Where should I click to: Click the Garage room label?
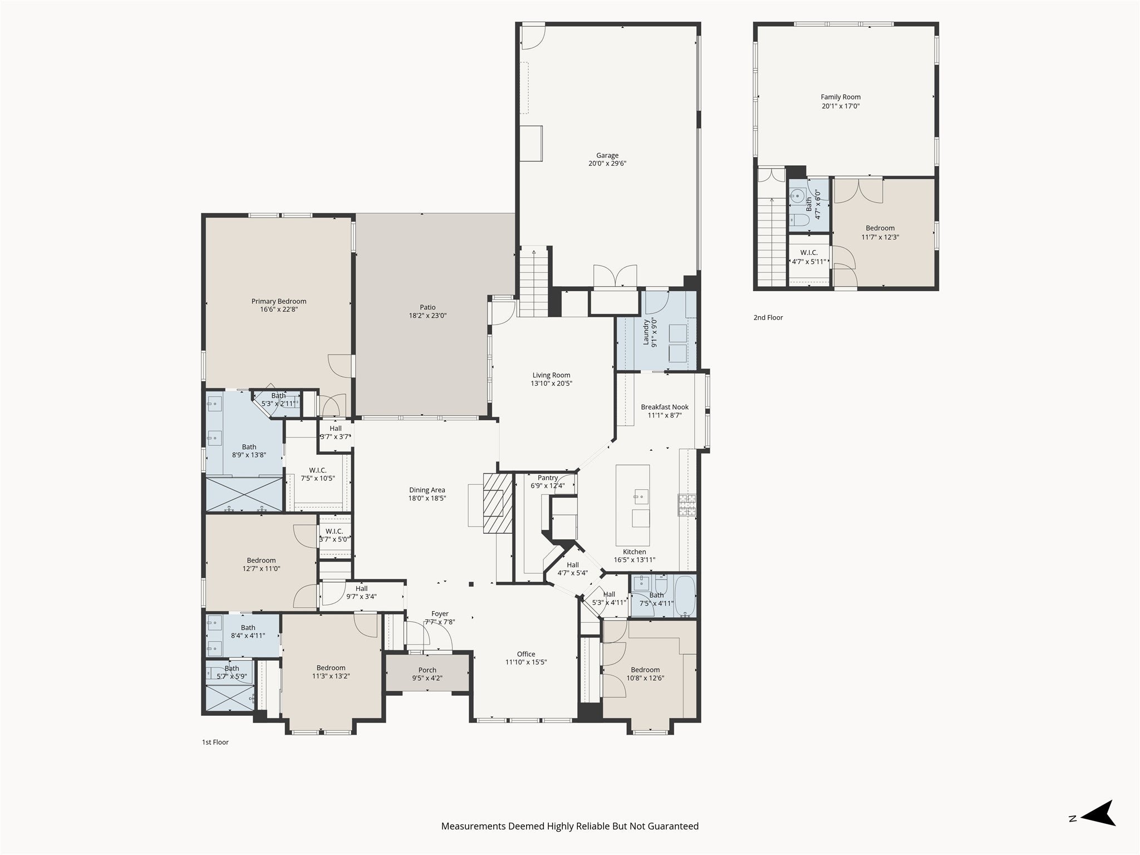tap(607, 156)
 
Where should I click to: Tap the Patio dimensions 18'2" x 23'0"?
tap(427, 316)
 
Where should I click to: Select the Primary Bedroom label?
tap(279, 301)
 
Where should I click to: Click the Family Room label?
tap(841, 97)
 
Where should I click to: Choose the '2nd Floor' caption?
tap(768, 317)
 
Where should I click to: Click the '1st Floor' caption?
tap(215, 742)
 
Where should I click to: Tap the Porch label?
tap(427, 670)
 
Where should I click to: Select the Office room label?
tap(526, 654)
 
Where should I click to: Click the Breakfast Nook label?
tap(665, 407)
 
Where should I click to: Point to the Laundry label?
tap(646, 332)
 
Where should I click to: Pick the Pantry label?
tap(548, 478)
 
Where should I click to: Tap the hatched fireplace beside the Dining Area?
tap(498, 503)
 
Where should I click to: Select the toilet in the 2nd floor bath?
tap(795, 220)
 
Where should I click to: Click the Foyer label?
tap(440, 614)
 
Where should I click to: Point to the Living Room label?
tap(551, 375)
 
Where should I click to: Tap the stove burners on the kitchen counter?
tap(688, 505)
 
